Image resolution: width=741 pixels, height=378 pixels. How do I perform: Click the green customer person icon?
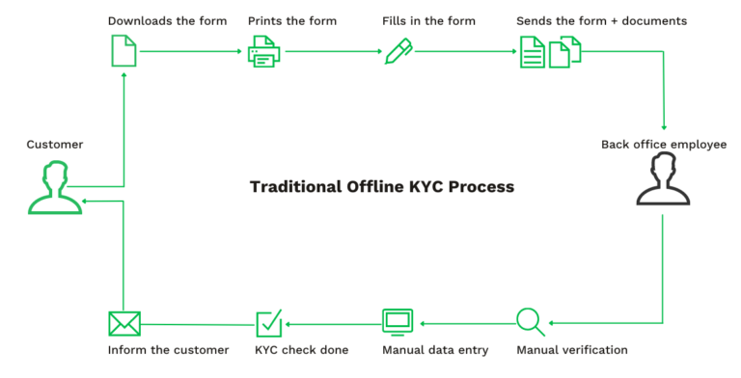pyautogui.click(x=54, y=188)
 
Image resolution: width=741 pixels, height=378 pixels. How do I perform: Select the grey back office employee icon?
pyautogui.click(x=662, y=180)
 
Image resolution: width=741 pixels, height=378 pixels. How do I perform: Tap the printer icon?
pyautogui.click(x=263, y=51)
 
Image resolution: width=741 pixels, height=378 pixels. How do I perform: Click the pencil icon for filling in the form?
pyautogui.click(x=398, y=51)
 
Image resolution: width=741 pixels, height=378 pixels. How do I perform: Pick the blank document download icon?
pyautogui.click(x=124, y=51)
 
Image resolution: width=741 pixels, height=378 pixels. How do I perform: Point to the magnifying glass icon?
pyautogui.click(x=531, y=321)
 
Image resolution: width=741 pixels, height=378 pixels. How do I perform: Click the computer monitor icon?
pyautogui.click(x=398, y=321)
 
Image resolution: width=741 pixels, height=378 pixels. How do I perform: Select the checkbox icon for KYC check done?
pyautogui.click(x=268, y=322)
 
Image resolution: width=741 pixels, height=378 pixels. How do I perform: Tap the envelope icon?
pyautogui.click(x=124, y=322)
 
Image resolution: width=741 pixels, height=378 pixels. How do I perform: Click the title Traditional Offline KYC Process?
pyautogui.click(x=382, y=186)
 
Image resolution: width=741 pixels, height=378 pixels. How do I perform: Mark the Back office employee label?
pyautogui.click(x=664, y=144)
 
